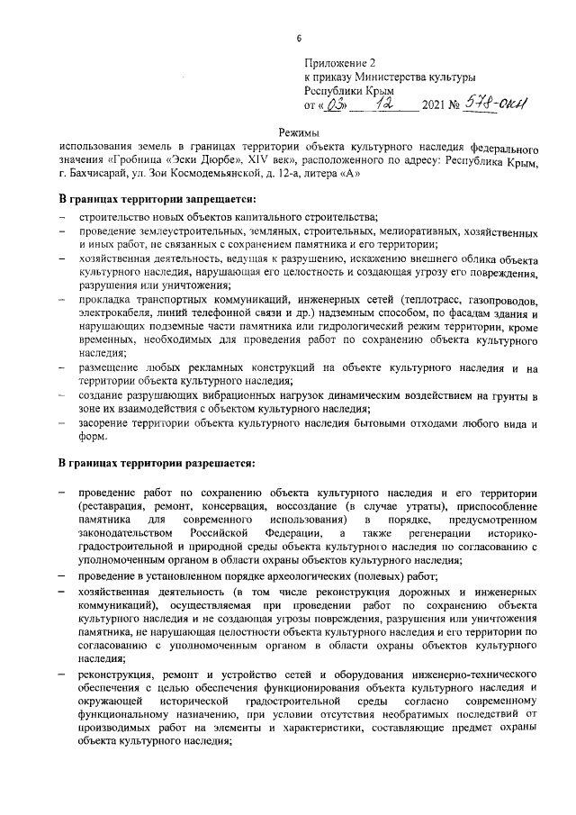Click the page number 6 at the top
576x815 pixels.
pyautogui.click(x=299, y=37)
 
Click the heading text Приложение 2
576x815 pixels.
pyautogui.click(x=339, y=63)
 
